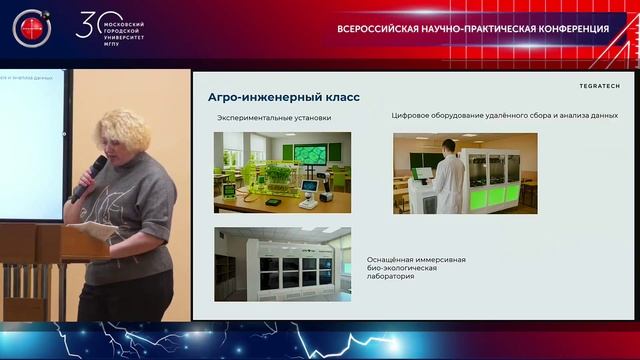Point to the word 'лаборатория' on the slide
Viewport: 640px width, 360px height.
[391, 275]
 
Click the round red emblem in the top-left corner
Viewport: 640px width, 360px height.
[31, 28]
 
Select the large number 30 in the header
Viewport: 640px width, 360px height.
[89, 26]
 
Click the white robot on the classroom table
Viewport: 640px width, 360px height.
[310, 189]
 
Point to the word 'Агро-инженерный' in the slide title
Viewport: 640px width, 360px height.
[262, 97]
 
